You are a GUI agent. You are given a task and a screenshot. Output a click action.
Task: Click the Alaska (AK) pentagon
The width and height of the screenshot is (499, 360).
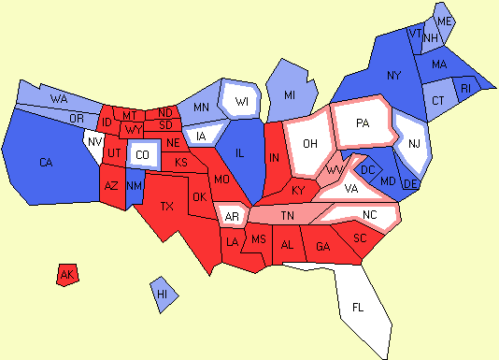tap(67, 275)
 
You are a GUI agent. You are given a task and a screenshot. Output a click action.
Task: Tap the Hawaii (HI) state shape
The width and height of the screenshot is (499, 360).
tap(163, 293)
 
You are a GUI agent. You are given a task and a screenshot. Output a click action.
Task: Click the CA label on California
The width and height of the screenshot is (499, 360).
tap(46, 163)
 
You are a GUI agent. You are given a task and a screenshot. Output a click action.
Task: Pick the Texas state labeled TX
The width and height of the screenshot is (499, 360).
tap(167, 206)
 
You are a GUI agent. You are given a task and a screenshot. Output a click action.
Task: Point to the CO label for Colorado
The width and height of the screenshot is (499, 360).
tap(142, 154)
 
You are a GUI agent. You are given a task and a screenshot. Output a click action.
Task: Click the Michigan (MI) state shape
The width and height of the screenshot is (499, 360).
tap(291, 96)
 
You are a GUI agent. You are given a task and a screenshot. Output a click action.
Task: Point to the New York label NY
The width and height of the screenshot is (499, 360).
tap(393, 74)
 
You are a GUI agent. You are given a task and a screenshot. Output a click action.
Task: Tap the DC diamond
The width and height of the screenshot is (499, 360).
tap(368, 170)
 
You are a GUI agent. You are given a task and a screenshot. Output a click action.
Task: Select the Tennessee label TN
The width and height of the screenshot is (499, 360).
tap(287, 216)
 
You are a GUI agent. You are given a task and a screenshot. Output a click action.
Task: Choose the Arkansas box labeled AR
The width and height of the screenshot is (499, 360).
tap(232, 217)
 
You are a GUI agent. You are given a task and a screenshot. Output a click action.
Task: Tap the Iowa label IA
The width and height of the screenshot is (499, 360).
tap(198, 136)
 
